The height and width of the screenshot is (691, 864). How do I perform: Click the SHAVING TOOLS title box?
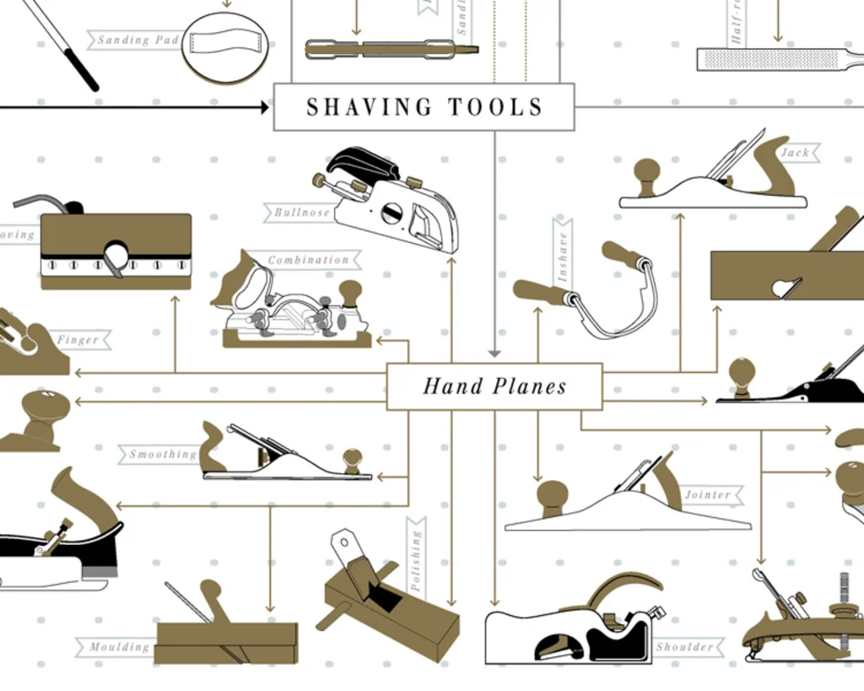[424, 107]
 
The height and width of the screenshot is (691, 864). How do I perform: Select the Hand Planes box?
[494, 386]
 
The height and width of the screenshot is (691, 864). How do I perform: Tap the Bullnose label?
[301, 213]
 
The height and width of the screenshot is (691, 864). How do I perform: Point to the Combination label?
[308, 260]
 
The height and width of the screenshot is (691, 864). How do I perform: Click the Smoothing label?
[162, 454]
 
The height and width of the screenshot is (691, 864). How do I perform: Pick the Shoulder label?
[685, 647]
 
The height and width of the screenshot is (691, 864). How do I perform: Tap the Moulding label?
[119, 647]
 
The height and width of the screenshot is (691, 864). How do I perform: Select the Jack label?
[795, 153]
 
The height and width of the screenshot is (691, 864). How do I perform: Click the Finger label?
[78, 340]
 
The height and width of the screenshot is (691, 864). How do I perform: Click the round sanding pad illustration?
[224, 46]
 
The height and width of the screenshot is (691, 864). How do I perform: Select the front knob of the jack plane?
[646, 171]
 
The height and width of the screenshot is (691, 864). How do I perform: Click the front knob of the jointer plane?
[552, 494]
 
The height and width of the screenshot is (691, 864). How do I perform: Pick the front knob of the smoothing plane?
[352, 458]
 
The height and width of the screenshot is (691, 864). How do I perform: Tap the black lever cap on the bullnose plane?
[363, 163]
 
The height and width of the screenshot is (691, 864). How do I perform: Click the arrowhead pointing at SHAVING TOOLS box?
[265, 107]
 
